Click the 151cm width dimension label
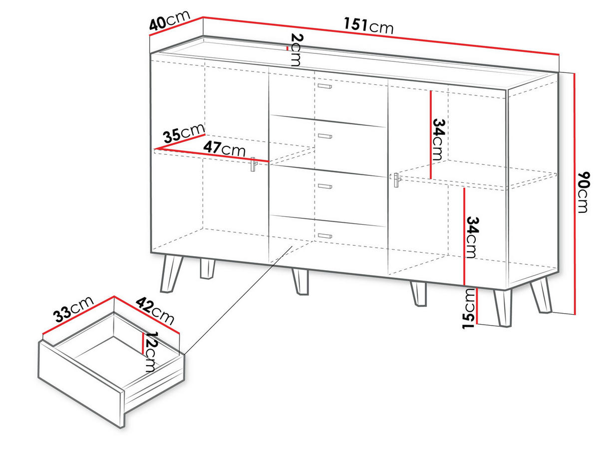[x=368, y=25]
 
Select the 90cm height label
[x=583, y=192]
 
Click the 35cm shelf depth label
[x=184, y=133]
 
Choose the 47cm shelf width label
[x=224, y=149]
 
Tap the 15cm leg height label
[x=469, y=309]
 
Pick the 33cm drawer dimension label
[x=74, y=309]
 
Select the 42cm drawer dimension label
[x=155, y=311]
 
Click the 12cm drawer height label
[x=151, y=352]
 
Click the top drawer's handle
[x=324, y=86]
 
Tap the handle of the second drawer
[x=325, y=136]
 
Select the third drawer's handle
[x=325, y=186]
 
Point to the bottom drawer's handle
[x=325, y=236]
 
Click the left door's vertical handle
[x=254, y=164]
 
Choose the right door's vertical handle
[x=397, y=180]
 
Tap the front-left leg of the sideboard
[x=171, y=274]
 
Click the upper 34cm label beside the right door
[x=439, y=139]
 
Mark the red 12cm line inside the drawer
[x=143, y=343]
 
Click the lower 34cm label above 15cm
[x=472, y=237]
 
